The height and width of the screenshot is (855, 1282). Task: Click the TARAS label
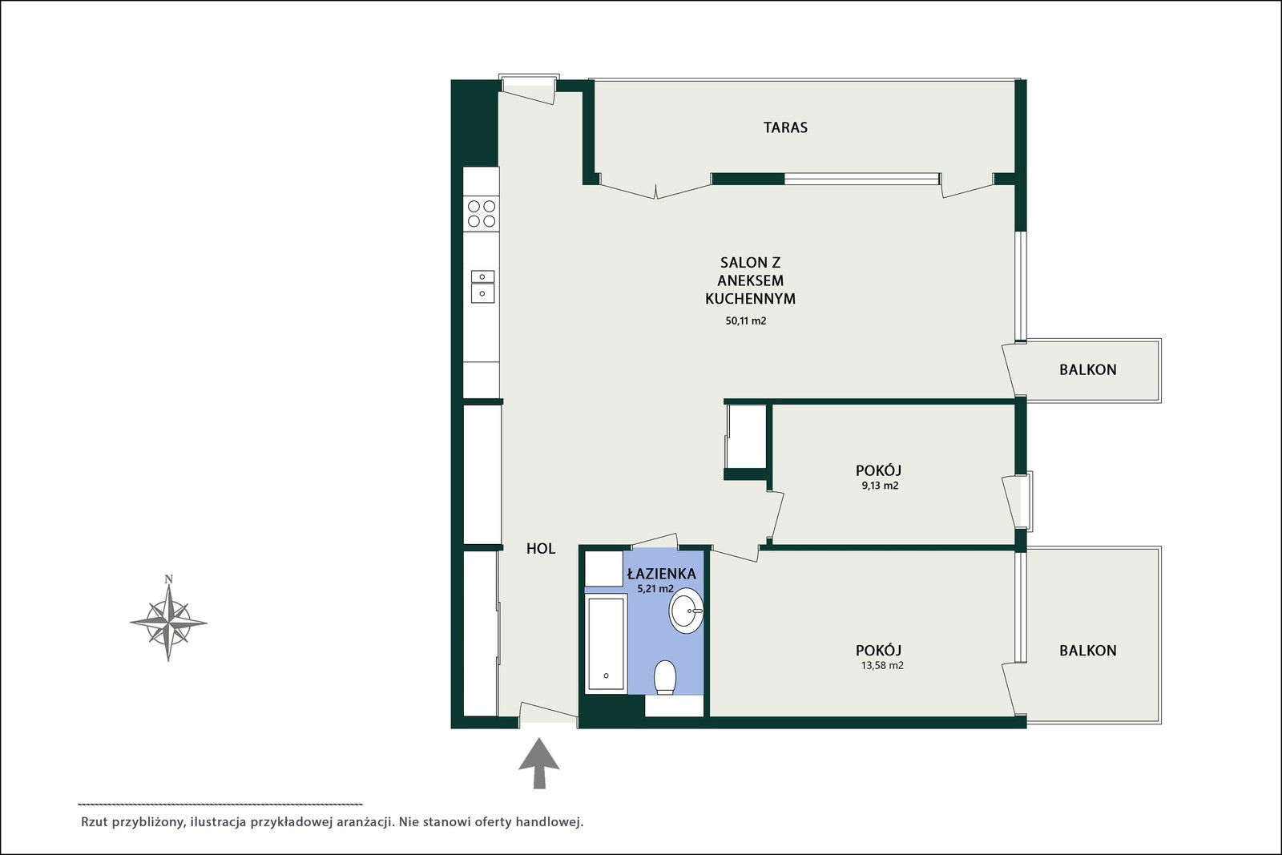pyautogui.click(x=785, y=127)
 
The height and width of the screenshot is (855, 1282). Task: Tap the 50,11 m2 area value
pyautogui.click(x=746, y=321)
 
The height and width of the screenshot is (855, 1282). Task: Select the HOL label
pyautogui.click(x=541, y=548)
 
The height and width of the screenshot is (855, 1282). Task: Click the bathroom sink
pyautogui.click(x=686, y=611)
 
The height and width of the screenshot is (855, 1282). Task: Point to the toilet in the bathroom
pyautogui.click(x=665, y=678)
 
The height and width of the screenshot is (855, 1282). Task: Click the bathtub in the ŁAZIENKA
pyautogui.click(x=606, y=643)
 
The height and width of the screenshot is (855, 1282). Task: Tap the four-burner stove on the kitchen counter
pyautogui.click(x=482, y=213)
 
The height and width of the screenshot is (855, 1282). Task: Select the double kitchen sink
pyautogui.click(x=482, y=286)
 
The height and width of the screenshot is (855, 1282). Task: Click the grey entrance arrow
pyautogui.click(x=539, y=764)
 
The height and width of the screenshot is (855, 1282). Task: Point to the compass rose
pyautogui.click(x=168, y=622)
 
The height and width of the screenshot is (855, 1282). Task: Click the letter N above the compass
pyautogui.click(x=169, y=579)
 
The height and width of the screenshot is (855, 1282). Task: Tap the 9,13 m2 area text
pyautogui.click(x=880, y=486)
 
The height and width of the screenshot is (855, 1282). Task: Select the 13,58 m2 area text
pyautogui.click(x=882, y=666)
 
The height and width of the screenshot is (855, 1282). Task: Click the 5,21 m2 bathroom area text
pyautogui.click(x=655, y=589)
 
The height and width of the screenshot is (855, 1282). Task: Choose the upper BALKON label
pyautogui.click(x=1087, y=369)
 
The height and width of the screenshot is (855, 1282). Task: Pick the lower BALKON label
pyautogui.click(x=1087, y=651)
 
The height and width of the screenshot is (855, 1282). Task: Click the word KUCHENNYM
pyautogui.click(x=750, y=299)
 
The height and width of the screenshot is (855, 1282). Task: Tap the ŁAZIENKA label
pyautogui.click(x=662, y=574)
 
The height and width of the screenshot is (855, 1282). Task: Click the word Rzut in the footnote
pyautogui.click(x=95, y=822)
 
